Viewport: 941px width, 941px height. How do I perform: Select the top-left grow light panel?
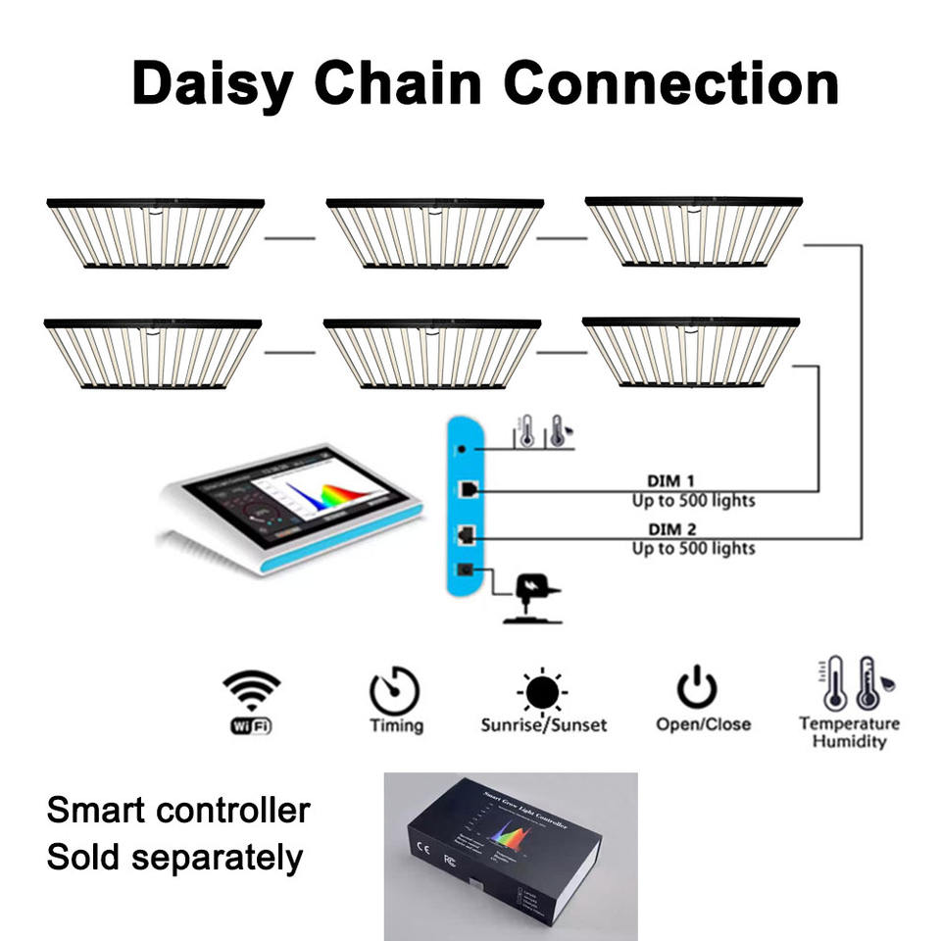pos(155,233)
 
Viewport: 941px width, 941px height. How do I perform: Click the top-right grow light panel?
pos(693,232)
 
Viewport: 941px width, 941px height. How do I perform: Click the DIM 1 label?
pos(670,481)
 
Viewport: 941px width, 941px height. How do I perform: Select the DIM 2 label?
pos(670,529)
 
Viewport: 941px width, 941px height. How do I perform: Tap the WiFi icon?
pos(251,702)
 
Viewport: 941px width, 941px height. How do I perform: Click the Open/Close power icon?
pos(696,688)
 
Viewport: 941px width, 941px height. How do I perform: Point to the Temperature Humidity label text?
pos(849,732)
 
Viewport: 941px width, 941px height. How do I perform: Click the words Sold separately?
pos(174,857)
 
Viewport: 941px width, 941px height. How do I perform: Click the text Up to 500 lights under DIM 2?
pos(692,548)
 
